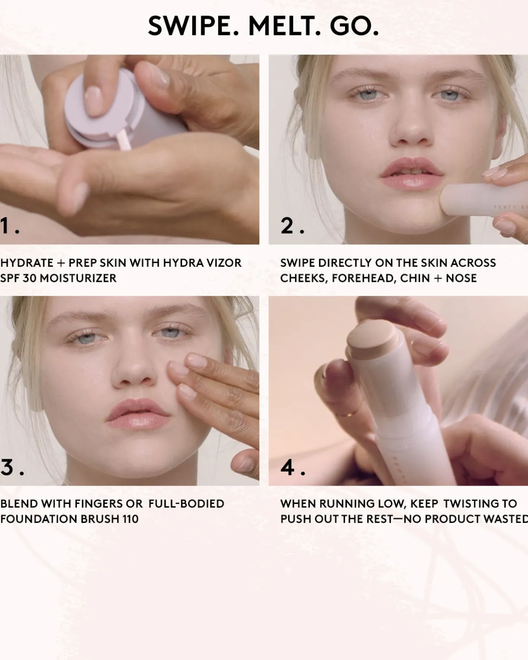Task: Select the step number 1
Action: (x=4, y=226)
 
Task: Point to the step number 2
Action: (x=287, y=226)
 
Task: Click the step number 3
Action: (x=7, y=467)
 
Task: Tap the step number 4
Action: (x=288, y=467)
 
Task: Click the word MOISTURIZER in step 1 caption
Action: (x=78, y=278)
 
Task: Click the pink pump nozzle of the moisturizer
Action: (x=124, y=140)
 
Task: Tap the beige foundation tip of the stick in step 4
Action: (x=372, y=339)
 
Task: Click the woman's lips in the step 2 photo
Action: (x=411, y=173)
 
